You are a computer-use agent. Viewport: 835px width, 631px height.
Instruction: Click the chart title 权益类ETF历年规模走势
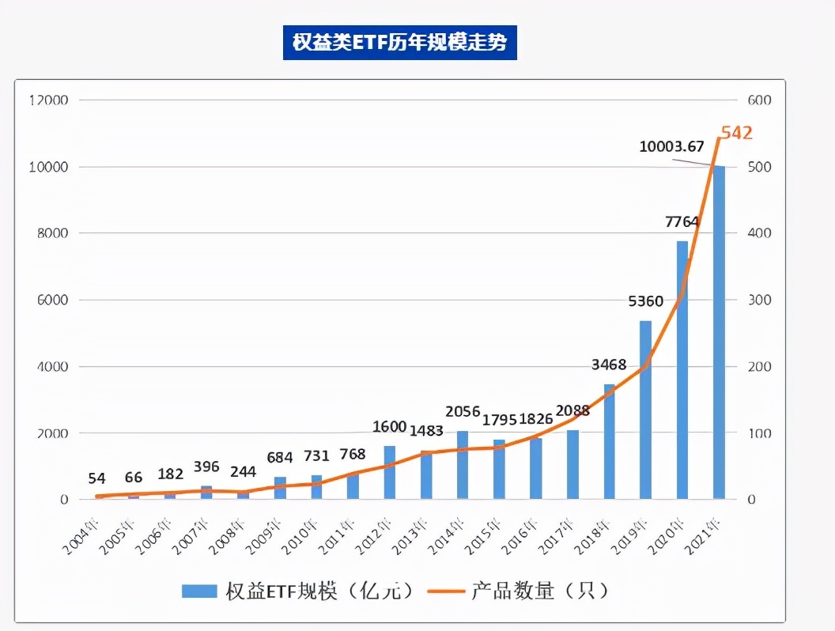(x=399, y=42)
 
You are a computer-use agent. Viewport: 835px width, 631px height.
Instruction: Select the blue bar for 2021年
(x=719, y=332)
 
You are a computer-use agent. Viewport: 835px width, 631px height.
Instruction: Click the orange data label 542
(x=735, y=133)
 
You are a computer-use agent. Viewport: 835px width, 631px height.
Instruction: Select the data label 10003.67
(x=672, y=146)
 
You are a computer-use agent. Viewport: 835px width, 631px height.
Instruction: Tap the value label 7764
(x=682, y=222)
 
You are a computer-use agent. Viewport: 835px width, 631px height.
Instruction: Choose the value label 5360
(x=645, y=302)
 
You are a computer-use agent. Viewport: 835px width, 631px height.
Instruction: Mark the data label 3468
(x=609, y=365)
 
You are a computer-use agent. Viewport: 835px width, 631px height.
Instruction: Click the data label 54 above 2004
(x=96, y=478)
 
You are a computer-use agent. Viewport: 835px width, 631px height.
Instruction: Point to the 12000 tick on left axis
(x=49, y=100)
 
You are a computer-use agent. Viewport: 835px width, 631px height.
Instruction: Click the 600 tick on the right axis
(x=758, y=100)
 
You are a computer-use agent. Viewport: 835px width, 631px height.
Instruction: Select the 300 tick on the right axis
(x=758, y=300)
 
